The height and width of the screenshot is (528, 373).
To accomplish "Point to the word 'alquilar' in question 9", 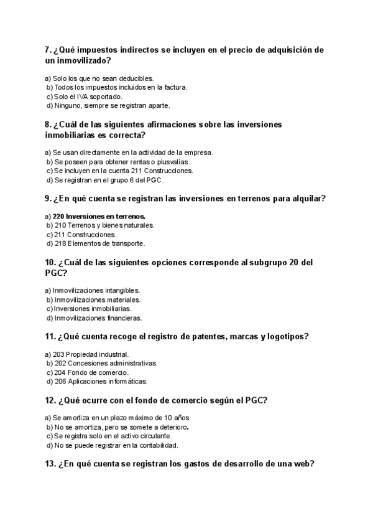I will tap(309, 199).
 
